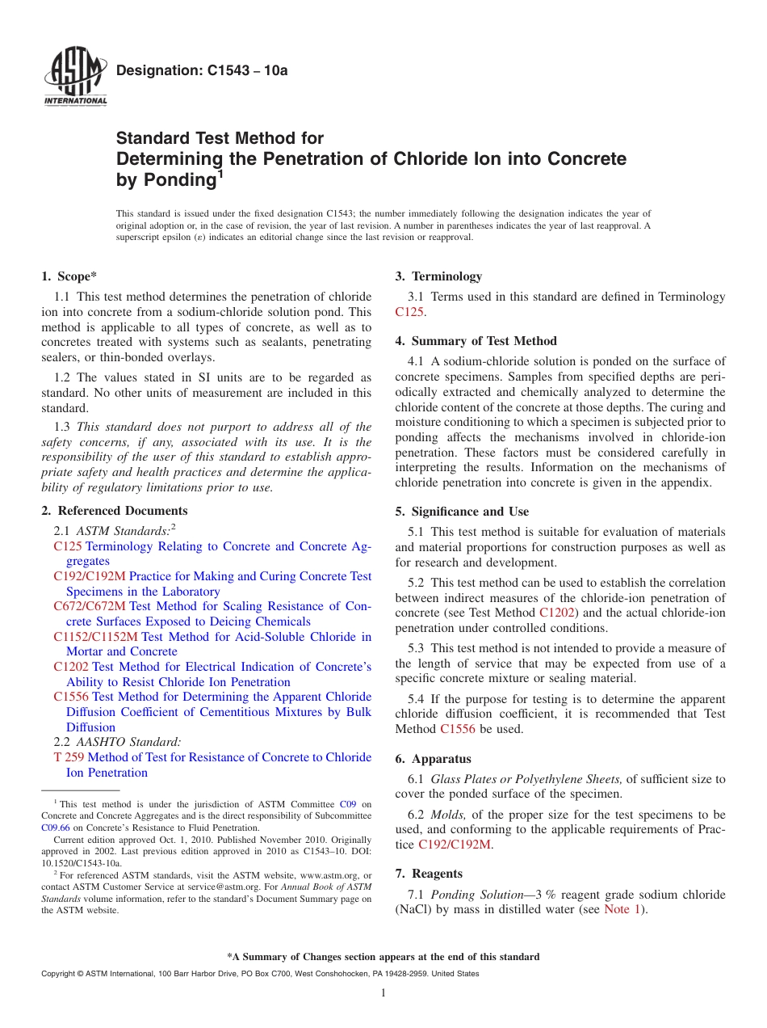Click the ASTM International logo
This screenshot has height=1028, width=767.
[x=74, y=78]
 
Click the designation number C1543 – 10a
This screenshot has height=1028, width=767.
[x=202, y=70]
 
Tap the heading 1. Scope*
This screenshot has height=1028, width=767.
[x=69, y=276]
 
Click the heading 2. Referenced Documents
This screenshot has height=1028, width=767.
[x=115, y=511]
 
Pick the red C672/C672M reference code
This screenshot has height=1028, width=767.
[x=90, y=606]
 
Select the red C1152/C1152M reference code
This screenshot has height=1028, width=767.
[x=96, y=637]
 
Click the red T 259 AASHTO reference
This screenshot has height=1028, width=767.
[x=69, y=757]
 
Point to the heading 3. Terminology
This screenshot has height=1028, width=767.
[x=438, y=276]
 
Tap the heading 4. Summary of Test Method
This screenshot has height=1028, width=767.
[x=476, y=341]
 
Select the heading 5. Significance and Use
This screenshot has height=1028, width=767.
[x=462, y=512]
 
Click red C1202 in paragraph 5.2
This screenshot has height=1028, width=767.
[x=555, y=613]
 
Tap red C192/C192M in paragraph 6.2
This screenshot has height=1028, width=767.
[x=454, y=845]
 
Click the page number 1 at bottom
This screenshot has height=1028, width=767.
[x=383, y=992]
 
